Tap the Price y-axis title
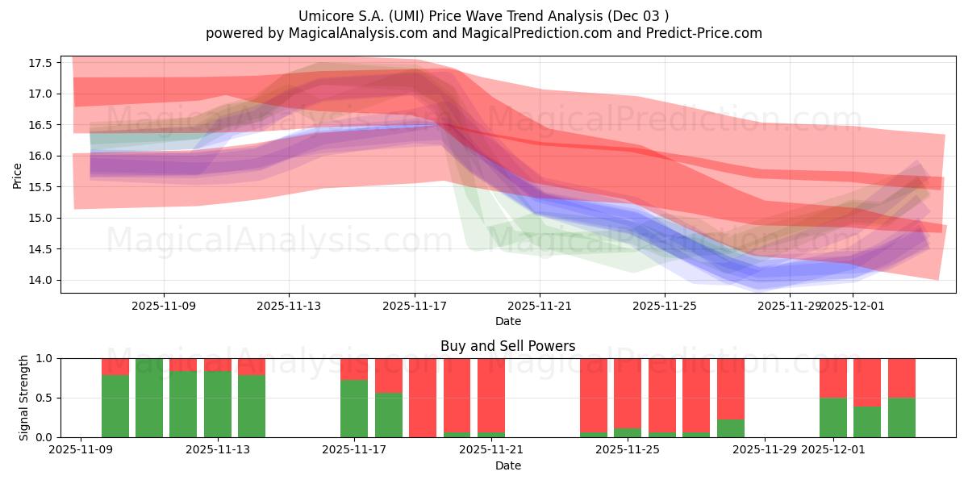[18, 175]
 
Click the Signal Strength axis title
[24, 398]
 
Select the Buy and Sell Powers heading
[507, 346]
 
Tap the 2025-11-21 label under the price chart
[540, 306]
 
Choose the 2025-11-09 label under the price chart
[164, 306]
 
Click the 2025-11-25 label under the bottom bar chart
[628, 450]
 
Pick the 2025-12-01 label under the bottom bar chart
[832, 450]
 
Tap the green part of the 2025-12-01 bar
[832, 418]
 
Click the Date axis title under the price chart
[507, 321]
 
